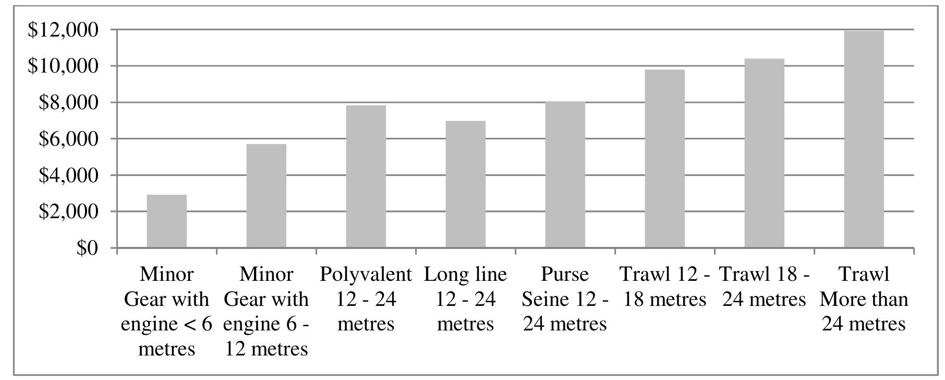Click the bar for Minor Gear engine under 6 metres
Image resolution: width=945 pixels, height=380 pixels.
pyautogui.click(x=167, y=221)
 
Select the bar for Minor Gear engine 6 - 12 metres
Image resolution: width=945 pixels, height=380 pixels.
pyautogui.click(x=266, y=196)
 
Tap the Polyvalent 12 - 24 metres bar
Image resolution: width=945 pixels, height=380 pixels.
pyautogui.click(x=366, y=176)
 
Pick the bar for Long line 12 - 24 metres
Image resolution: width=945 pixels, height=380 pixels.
pyautogui.click(x=466, y=184)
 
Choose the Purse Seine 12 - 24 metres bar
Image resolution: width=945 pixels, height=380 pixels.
pyautogui.click(x=565, y=174)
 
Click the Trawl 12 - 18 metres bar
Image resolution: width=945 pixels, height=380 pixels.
pyautogui.click(x=665, y=159)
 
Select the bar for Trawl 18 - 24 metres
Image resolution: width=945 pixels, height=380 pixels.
pyautogui.click(x=765, y=153)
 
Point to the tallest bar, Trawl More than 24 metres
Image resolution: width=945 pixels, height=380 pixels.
pyautogui.click(x=864, y=139)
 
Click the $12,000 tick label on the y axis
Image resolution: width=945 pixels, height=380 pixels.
pyautogui.click(x=63, y=30)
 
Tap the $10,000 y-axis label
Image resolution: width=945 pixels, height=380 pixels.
pyautogui.click(x=63, y=66)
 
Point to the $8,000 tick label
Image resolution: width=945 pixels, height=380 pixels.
pyautogui.click(x=68, y=103)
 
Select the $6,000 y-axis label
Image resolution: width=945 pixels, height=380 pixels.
pyautogui.click(x=68, y=139)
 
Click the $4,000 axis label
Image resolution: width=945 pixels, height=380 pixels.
pyautogui.click(x=68, y=175)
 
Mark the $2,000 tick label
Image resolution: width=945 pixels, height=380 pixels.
pyautogui.click(x=68, y=211)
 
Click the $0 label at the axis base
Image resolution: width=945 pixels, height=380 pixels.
pyautogui.click(x=87, y=248)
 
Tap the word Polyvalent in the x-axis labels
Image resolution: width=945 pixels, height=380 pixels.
pyautogui.click(x=366, y=274)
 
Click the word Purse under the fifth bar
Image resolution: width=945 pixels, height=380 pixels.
pyautogui.click(x=565, y=274)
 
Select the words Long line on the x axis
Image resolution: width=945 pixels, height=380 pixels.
pyautogui.click(x=465, y=274)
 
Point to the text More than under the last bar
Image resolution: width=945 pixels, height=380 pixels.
pyautogui.click(x=864, y=299)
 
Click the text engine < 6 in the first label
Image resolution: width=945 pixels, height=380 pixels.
pyautogui.click(x=166, y=324)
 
